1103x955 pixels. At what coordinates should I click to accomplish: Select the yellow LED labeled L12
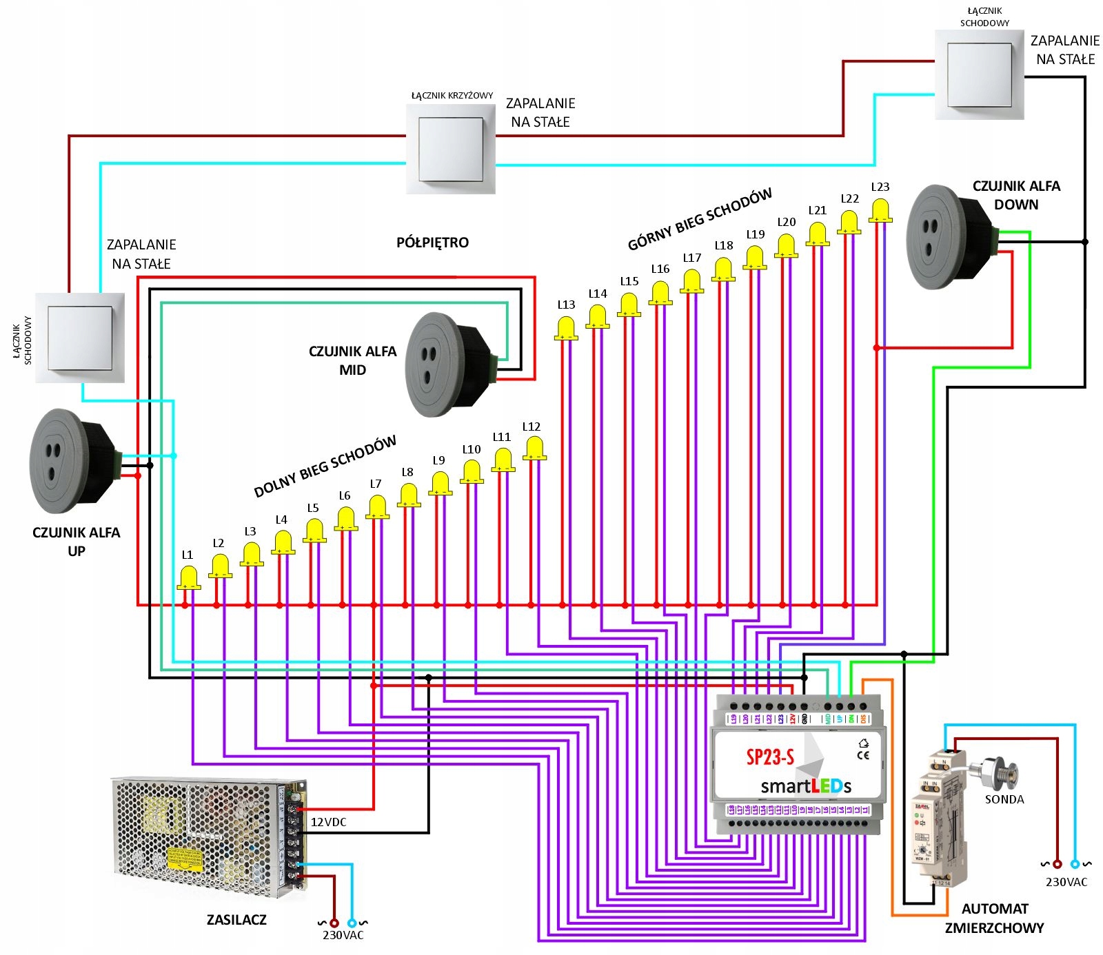point(534,449)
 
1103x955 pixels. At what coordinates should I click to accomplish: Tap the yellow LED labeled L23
point(880,210)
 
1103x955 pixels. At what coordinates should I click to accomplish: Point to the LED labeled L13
point(566,328)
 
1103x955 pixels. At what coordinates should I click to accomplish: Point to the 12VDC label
point(328,822)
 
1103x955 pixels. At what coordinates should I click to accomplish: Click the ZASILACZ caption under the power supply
point(236,919)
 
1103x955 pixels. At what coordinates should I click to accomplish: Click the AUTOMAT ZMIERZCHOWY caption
point(994,918)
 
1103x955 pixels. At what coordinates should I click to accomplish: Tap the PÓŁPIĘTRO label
point(432,243)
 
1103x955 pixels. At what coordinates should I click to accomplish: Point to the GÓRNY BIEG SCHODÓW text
point(699,219)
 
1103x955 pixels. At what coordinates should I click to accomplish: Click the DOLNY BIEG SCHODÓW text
point(325,466)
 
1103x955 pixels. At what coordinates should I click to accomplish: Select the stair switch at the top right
point(979,74)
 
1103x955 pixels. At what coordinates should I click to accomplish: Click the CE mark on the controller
point(862,755)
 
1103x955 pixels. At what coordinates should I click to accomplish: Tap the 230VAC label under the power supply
point(343,935)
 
